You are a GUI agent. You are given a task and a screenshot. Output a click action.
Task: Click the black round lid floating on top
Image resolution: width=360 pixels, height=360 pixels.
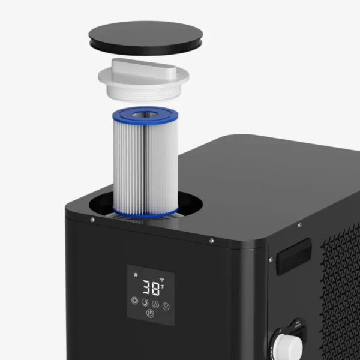point(146,38)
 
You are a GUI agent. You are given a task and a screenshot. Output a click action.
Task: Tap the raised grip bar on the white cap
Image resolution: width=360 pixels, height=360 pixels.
point(144,68)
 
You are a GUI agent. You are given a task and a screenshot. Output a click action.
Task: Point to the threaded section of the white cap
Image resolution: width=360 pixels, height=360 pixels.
point(142,93)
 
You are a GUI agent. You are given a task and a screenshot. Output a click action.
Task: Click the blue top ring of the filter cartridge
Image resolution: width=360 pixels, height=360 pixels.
point(145,115)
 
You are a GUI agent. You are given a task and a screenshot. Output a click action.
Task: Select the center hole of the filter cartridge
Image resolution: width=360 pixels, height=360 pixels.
point(145,115)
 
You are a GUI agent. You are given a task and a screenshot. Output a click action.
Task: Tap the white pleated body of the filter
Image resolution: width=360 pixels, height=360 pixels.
point(145,166)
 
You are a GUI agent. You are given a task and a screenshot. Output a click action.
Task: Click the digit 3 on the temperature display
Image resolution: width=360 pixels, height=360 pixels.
point(147,287)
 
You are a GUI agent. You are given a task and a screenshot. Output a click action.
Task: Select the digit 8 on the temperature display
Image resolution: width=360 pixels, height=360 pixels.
point(156,289)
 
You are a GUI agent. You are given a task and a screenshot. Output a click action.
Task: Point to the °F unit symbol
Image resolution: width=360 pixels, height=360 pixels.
point(163,287)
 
